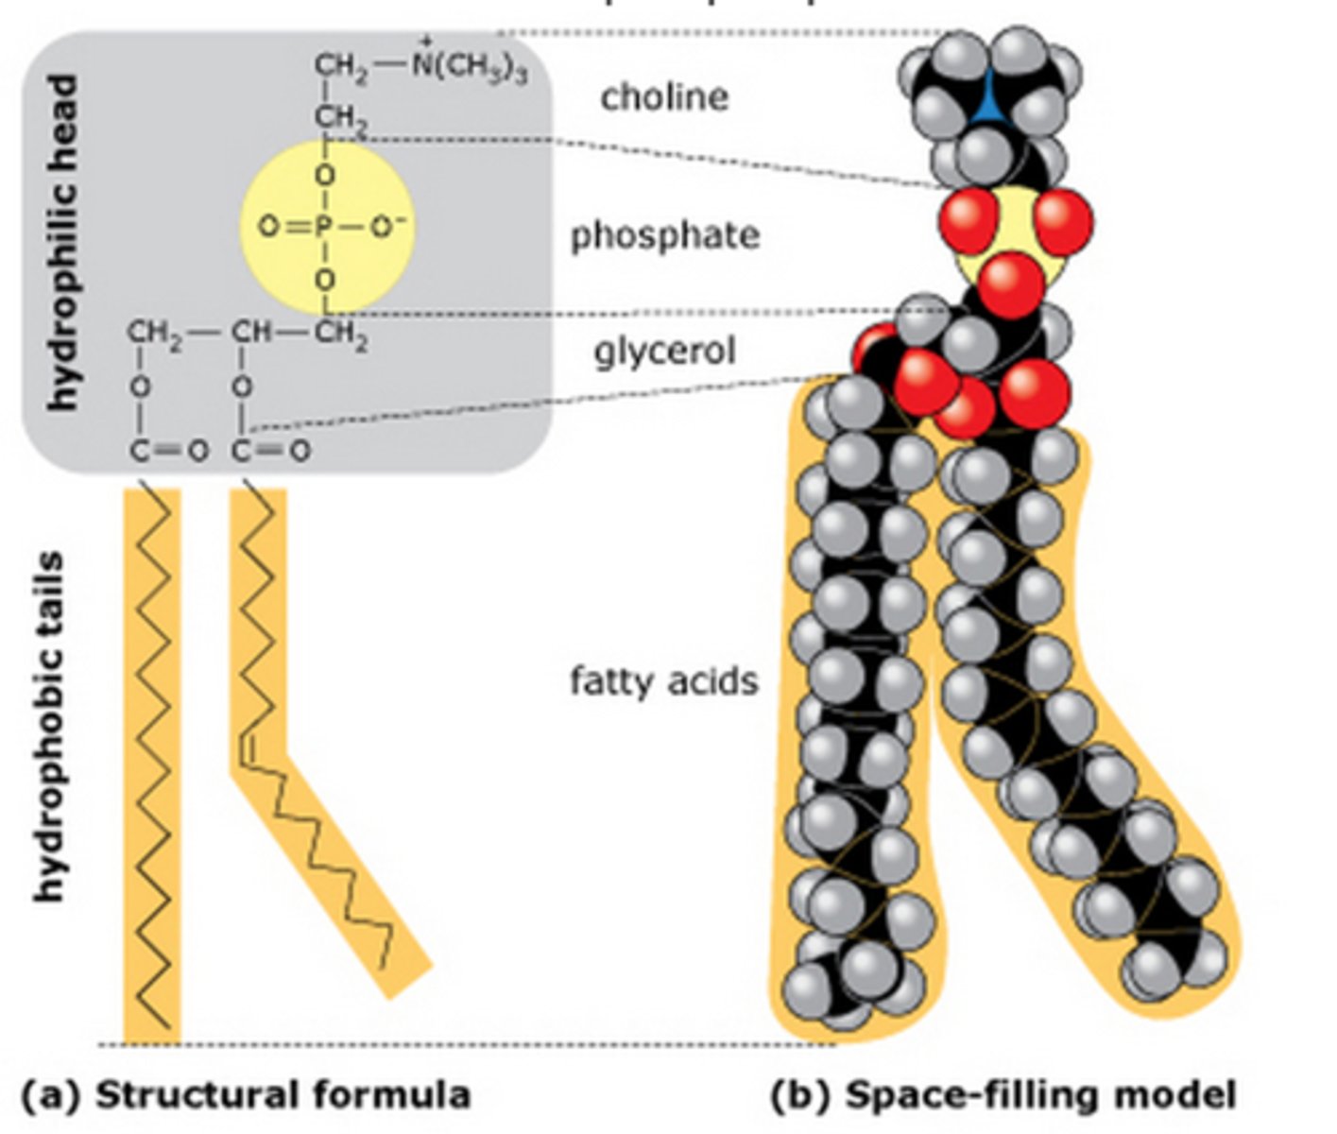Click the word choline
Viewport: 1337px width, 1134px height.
[664, 96]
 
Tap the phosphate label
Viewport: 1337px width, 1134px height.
[664, 235]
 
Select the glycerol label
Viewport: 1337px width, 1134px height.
[664, 351]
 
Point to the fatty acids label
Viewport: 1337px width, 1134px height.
[664, 680]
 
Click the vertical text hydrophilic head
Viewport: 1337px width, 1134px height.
[63, 243]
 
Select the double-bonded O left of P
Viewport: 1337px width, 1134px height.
[268, 228]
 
